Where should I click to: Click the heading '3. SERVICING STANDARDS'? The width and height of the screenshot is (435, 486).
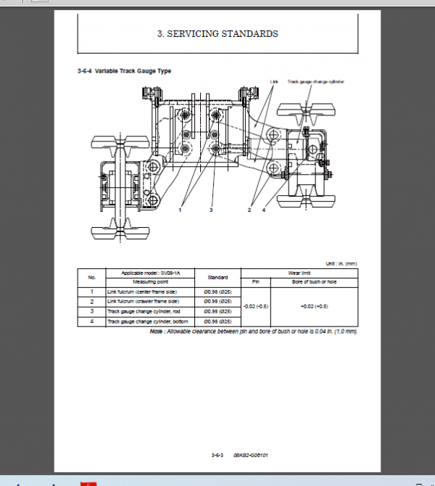pos(217,33)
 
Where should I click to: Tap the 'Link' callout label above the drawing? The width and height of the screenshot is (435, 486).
pos(274,82)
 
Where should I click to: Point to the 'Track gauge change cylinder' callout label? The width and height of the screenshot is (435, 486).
pos(315,82)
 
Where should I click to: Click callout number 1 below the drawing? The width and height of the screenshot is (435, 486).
pos(181,210)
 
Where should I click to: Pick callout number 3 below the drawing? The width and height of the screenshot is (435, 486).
pos(211,210)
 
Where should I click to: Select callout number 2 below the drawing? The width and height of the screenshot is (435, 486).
pos(249,210)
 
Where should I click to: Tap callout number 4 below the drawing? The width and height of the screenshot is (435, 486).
pos(264,210)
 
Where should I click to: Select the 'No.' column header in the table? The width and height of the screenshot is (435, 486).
pos(91,277)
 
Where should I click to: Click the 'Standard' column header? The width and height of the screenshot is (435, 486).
pos(217,277)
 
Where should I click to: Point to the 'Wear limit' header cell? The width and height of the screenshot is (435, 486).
pos(299,272)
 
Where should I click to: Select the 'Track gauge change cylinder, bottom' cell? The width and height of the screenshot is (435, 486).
pos(148,321)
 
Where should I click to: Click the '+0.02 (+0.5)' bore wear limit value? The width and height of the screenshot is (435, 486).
pos(315,306)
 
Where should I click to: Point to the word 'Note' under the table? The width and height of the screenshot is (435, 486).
pos(157,331)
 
